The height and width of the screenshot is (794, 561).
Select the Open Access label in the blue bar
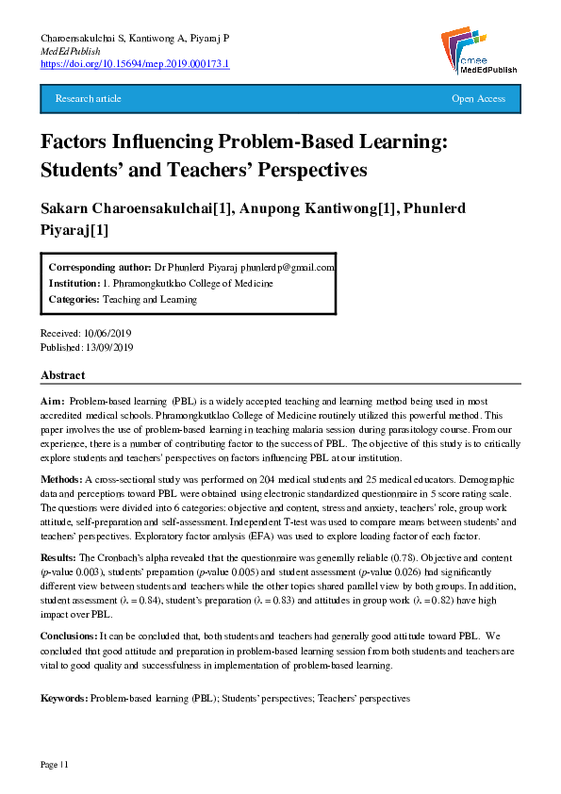tap(478, 99)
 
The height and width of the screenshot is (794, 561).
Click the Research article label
tap(89, 99)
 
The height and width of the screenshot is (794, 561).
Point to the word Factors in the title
tap(79, 142)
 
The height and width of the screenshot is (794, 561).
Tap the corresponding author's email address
tap(294, 267)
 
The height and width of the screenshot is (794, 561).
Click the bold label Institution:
tap(74, 283)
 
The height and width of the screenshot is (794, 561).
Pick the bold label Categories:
tap(74, 299)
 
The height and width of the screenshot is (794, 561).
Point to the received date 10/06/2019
tap(108, 334)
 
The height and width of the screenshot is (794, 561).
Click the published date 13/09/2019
tap(110, 347)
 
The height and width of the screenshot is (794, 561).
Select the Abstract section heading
tap(62, 375)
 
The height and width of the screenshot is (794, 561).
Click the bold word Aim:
tap(53, 401)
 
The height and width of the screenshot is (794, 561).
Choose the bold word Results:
tap(60, 558)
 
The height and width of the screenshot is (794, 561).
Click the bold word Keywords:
tap(64, 699)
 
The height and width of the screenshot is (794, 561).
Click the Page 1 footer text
tap(54, 763)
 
